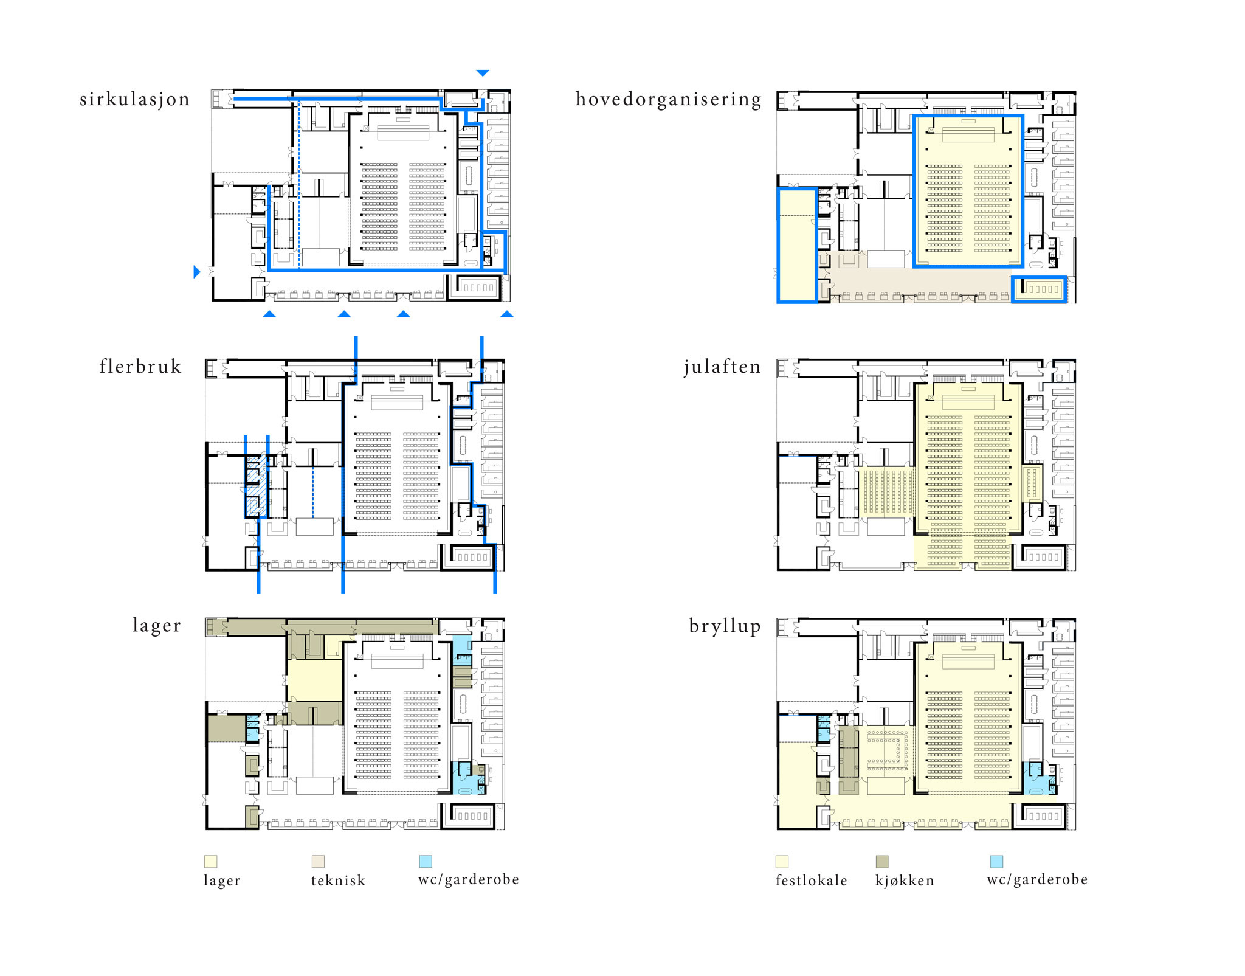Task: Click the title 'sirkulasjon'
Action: (134, 99)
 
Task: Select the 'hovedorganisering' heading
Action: (668, 99)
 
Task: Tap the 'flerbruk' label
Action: (140, 367)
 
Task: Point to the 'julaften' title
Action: (722, 367)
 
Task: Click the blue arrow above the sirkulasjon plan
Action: (483, 73)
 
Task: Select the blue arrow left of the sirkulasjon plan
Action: (196, 272)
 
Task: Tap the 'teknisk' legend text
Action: (338, 881)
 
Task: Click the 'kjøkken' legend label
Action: (905, 881)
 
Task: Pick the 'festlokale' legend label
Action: (811, 881)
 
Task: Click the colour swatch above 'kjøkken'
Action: (882, 862)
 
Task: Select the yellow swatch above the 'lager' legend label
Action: (210, 862)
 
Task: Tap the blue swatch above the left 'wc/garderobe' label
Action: (426, 862)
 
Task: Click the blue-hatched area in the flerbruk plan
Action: (257, 486)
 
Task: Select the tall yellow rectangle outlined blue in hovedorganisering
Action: (797, 246)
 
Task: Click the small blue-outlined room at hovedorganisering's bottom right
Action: (1039, 289)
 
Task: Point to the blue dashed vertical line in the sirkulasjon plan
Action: (299, 182)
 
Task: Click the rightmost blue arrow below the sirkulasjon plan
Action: (506, 314)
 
